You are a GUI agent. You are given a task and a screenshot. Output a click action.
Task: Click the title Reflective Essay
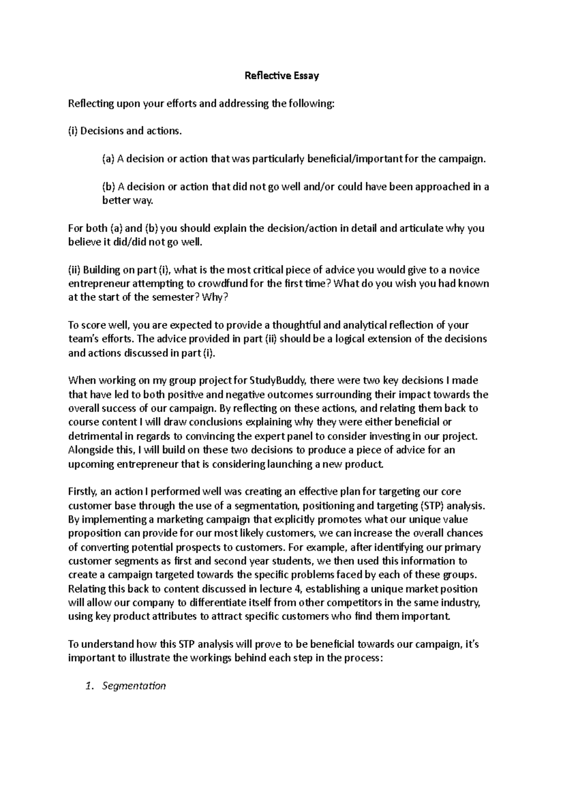[281, 76]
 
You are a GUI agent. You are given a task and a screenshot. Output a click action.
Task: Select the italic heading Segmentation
[134, 686]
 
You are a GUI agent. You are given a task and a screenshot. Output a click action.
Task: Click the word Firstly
[83, 492]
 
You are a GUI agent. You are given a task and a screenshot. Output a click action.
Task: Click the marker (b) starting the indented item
[108, 187]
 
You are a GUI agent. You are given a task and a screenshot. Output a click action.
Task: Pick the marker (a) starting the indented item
[108, 159]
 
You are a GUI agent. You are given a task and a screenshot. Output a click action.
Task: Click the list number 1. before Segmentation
[91, 686]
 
